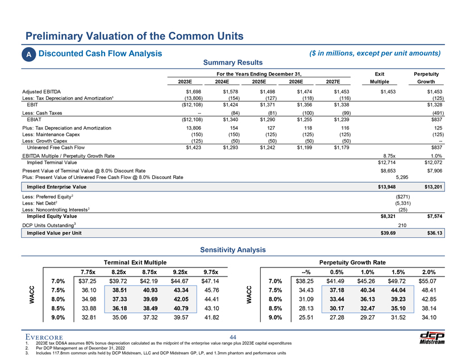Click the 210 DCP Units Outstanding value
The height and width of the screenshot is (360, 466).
(402, 225)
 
